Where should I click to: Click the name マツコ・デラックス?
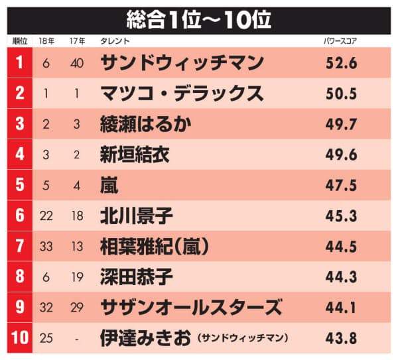pyautogui.click(x=181, y=93)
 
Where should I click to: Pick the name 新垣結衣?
pyautogui.click(x=135, y=155)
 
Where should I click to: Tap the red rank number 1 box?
pyautogui.click(x=19, y=63)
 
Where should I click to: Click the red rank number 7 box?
pyautogui.click(x=19, y=247)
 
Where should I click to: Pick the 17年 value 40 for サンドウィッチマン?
pyautogui.click(x=77, y=63)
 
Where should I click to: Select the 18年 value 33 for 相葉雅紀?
pyautogui.click(x=46, y=247)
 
